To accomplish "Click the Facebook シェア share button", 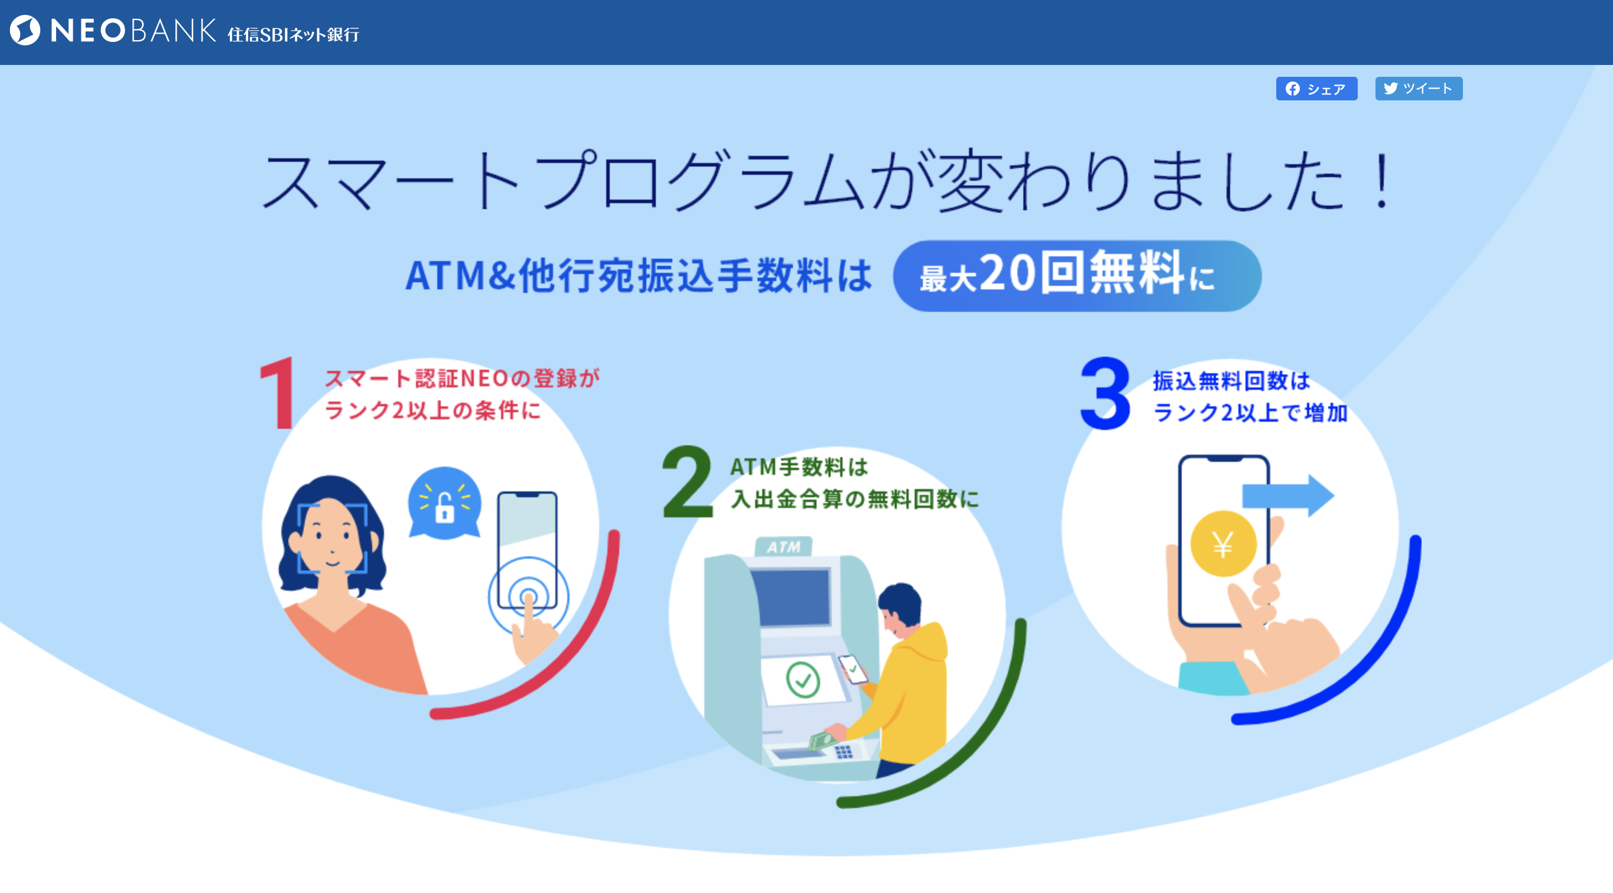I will (1316, 89).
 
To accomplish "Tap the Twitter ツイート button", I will (1418, 89).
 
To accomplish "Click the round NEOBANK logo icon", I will (25, 31).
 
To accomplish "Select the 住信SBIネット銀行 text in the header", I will (293, 34).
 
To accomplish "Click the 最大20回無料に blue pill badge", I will (1077, 276).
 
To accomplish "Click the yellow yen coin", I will (1223, 543).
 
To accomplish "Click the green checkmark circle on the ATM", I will (803, 680).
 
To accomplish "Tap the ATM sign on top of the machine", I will (783, 546).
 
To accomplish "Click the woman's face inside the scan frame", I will (331, 537).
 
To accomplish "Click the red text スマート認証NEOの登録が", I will (462, 379).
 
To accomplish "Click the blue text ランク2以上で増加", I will (1250, 413).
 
